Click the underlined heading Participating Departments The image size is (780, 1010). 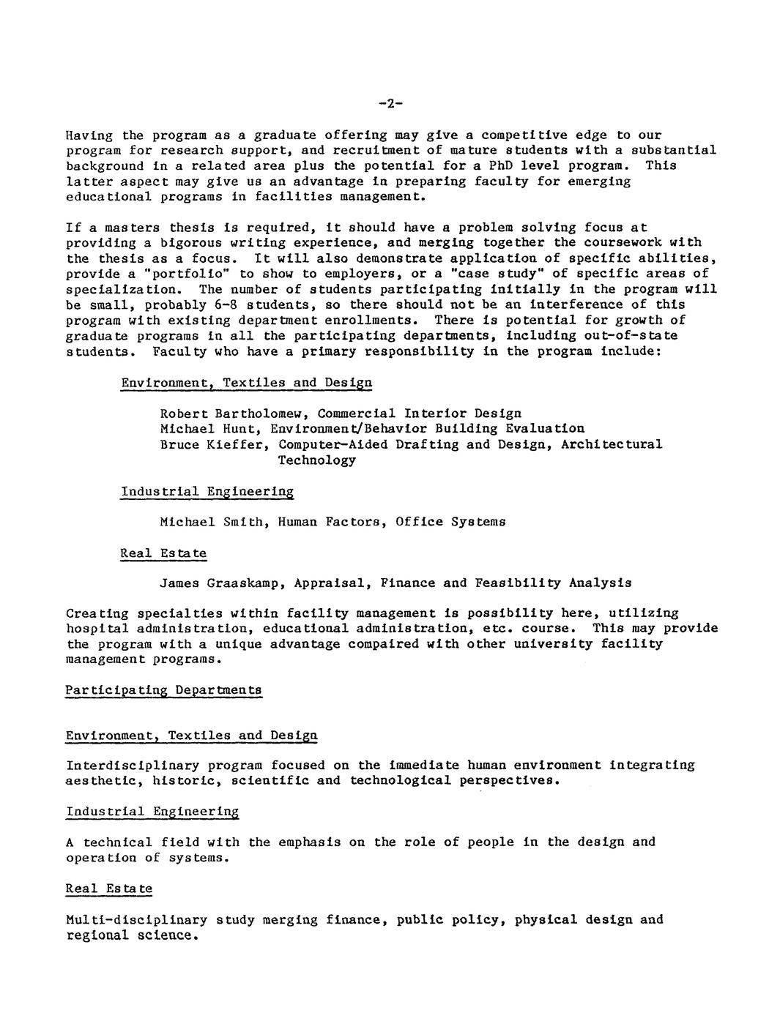click(x=163, y=690)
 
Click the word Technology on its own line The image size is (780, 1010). click(x=316, y=460)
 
